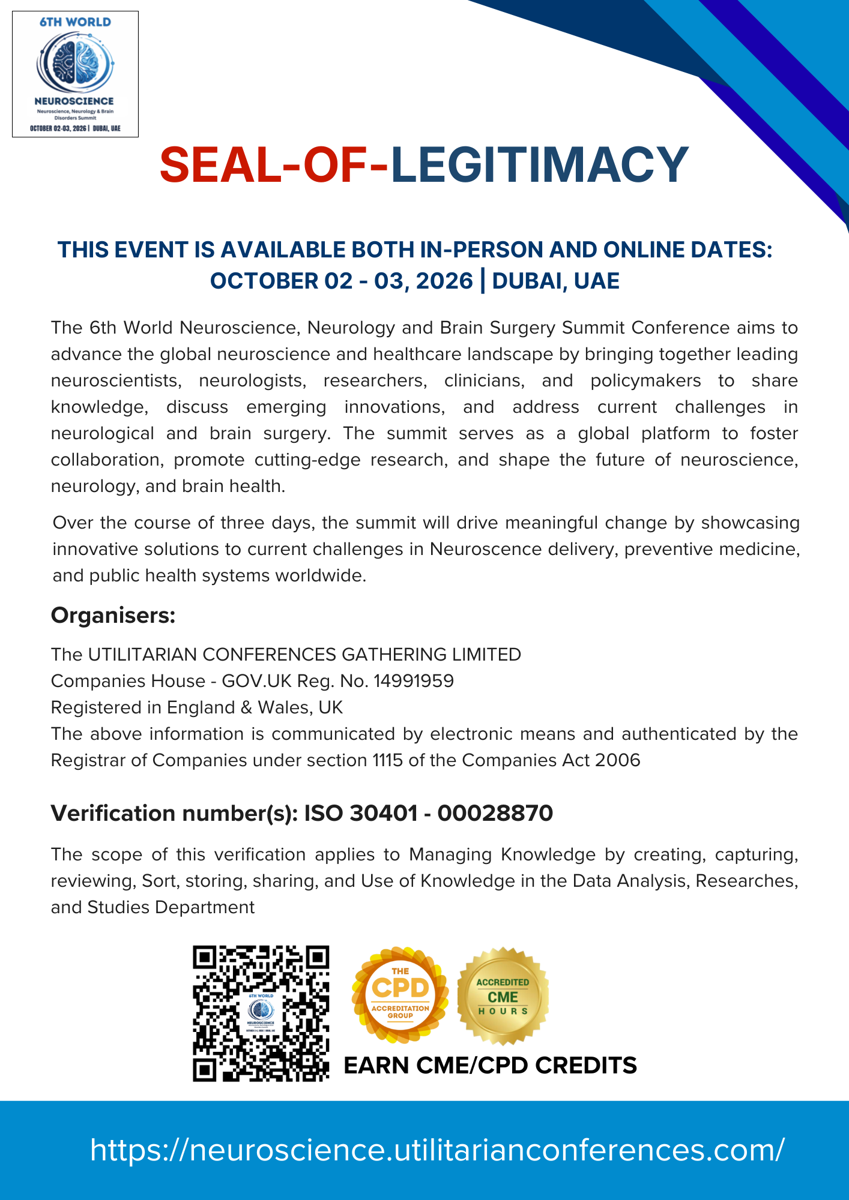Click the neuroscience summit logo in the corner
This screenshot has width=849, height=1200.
click(x=75, y=74)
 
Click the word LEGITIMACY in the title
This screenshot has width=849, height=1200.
click(x=539, y=164)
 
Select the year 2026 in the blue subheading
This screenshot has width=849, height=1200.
click(x=444, y=281)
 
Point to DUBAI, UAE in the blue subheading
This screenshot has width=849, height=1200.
click(x=555, y=281)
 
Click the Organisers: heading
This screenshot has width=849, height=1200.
click(x=113, y=615)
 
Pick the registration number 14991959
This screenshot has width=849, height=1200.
click(x=414, y=681)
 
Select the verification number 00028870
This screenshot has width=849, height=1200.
click(x=495, y=813)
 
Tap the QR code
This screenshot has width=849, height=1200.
click(x=261, y=1013)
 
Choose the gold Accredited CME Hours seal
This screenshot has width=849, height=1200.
click(x=503, y=997)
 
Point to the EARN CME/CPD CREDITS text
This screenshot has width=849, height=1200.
click(x=490, y=1066)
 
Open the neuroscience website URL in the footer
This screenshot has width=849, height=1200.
click(x=437, y=1150)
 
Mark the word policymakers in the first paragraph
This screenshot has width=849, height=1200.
click(x=645, y=380)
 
